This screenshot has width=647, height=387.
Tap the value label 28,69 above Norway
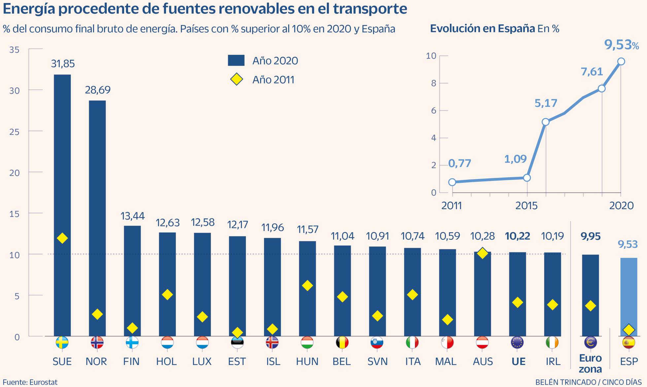click(x=97, y=90)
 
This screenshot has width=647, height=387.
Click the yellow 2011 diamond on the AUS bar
click(x=483, y=253)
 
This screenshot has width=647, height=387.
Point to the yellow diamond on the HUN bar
click(x=307, y=285)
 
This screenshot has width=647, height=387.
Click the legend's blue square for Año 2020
click(x=236, y=60)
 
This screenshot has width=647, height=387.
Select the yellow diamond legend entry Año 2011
click(x=237, y=80)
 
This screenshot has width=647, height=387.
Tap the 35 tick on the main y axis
click(x=14, y=50)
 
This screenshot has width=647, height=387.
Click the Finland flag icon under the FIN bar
click(x=132, y=343)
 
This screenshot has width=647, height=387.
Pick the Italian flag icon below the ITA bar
click(x=412, y=343)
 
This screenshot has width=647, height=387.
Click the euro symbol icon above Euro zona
click(x=590, y=343)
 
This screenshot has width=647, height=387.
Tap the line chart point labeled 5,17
click(x=545, y=122)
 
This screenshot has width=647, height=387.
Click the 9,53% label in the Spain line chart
click(x=621, y=45)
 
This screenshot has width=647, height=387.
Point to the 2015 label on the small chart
click(x=526, y=206)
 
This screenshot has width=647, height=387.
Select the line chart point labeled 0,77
click(x=452, y=182)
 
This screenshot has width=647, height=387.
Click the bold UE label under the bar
click(x=518, y=362)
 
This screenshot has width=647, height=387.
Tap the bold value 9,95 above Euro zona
click(x=590, y=236)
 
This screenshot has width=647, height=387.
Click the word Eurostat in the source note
click(x=43, y=382)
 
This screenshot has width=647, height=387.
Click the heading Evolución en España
click(x=482, y=29)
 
